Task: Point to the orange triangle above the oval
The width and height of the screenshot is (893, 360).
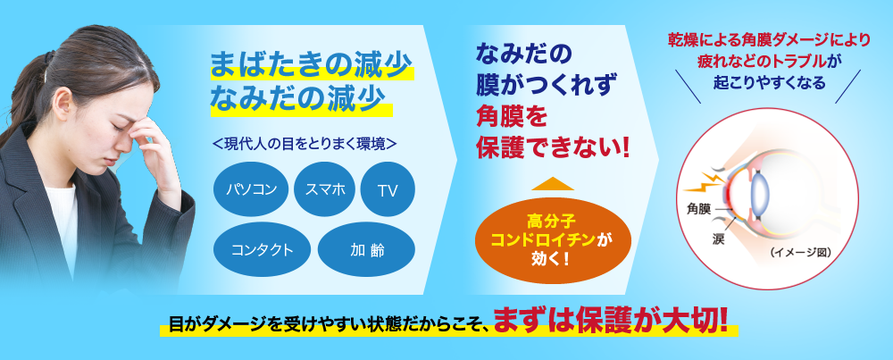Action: pyautogui.click(x=553, y=184)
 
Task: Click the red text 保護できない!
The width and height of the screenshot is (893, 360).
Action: pyautogui.click(x=554, y=145)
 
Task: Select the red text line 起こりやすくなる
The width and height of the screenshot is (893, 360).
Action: pyautogui.click(x=769, y=81)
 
